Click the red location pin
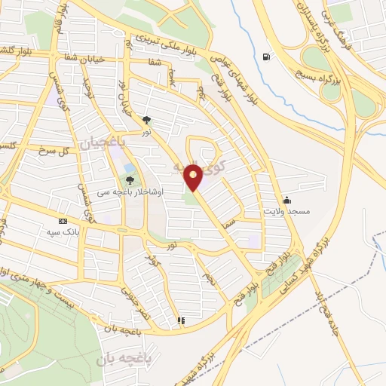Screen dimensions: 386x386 point(195,176)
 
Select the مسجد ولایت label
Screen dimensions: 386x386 point(286,213)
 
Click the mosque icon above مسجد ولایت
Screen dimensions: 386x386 point(286,201)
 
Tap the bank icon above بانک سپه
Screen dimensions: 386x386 point(62,221)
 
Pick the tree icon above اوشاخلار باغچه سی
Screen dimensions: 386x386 point(130,179)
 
